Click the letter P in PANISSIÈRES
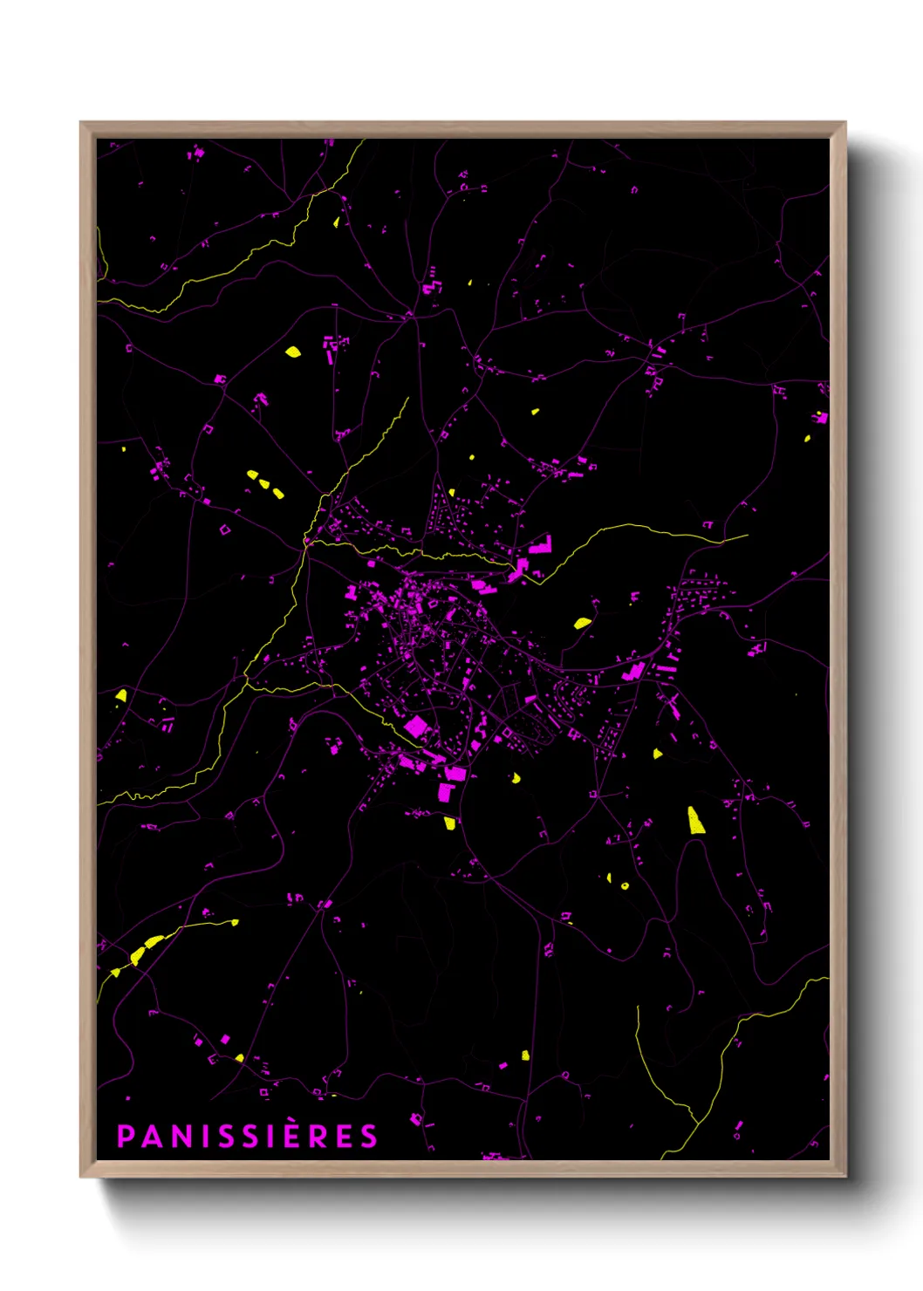125,1137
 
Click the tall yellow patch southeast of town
695,821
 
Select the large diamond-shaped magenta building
415,726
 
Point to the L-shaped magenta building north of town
541,545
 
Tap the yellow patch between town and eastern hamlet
582,623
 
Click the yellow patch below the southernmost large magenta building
450,823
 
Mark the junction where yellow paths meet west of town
305,542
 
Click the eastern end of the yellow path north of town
747,536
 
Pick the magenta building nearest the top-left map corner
196,154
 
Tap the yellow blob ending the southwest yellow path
234,922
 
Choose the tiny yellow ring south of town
625,886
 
